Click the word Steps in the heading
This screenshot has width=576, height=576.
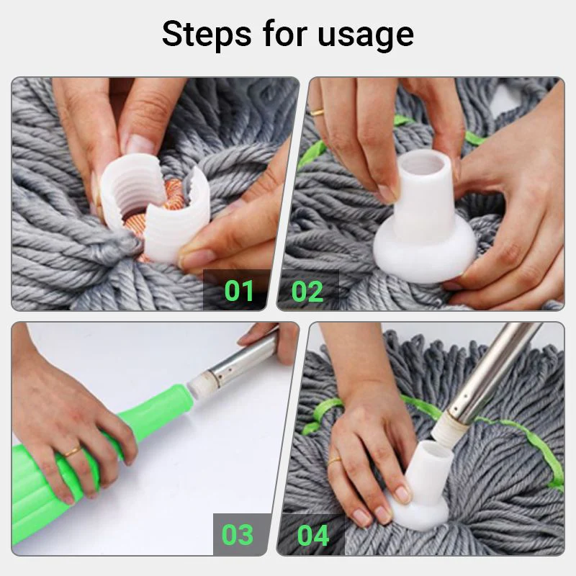click(206, 34)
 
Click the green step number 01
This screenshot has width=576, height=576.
click(239, 291)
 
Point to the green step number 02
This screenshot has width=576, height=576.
click(307, 291)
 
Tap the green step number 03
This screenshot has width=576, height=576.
click(238, 535)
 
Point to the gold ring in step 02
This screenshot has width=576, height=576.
click(318, 112)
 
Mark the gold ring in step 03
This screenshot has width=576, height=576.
click(71, 452)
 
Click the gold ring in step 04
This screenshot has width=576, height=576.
click(336, 460)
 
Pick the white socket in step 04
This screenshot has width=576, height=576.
click(421, 482)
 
